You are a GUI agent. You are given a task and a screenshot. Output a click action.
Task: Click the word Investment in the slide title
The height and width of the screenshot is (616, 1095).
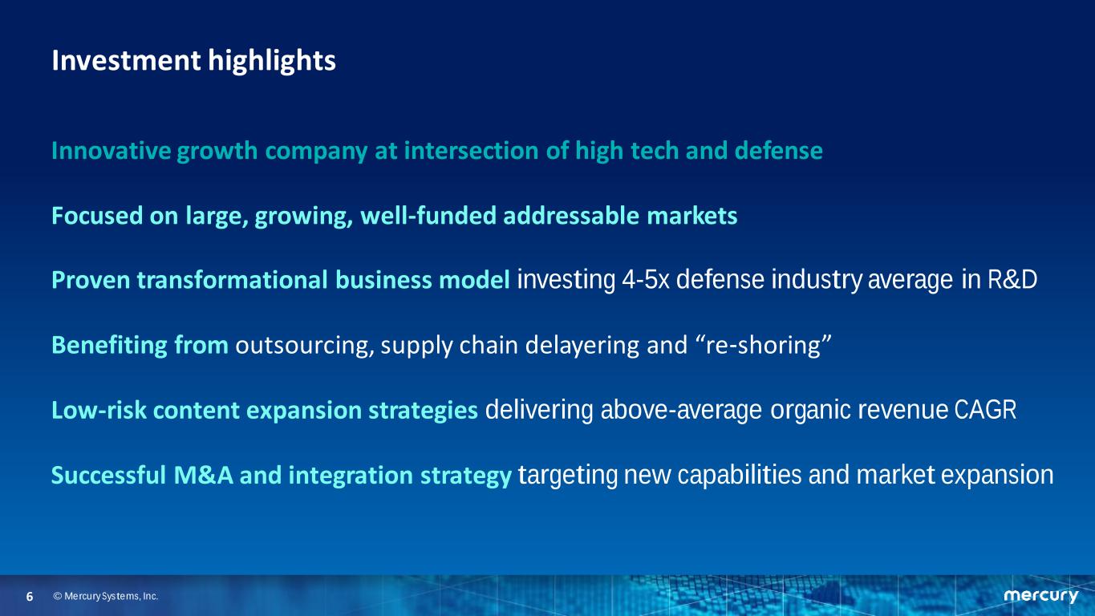tap(126, 60)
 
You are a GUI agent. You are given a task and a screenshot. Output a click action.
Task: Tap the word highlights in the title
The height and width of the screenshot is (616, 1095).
tap(272, 62)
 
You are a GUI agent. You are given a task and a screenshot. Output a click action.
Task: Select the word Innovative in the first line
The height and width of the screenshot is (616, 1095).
tap(111, 150)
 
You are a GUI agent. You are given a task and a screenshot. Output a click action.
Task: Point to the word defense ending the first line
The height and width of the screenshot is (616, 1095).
tap(779, 150)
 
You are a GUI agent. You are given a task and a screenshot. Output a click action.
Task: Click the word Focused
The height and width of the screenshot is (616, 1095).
tap(97, 216)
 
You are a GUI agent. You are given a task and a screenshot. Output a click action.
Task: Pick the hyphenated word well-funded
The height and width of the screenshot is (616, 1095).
tap(428, 216)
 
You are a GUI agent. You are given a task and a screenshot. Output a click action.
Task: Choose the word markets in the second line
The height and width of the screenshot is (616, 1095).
tap(692, 216)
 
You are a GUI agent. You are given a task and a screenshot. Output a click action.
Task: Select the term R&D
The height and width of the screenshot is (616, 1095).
tap(1012, 280)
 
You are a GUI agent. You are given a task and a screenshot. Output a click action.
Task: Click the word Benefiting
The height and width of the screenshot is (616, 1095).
tap(109, 346)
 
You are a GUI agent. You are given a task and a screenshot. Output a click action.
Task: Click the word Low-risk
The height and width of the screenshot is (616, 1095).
tap(99, 410)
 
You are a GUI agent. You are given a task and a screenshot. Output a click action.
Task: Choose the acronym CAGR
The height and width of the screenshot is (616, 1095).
tap(985, 410)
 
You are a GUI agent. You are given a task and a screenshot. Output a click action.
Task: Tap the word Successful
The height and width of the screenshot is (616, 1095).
tap(108, 475)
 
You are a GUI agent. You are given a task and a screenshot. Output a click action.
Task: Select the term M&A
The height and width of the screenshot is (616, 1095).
tap(204, 475)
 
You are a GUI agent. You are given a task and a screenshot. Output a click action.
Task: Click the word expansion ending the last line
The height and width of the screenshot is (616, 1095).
tap(997, 476)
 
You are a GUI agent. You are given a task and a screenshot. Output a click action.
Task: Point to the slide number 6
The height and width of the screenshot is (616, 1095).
tap(30, 597)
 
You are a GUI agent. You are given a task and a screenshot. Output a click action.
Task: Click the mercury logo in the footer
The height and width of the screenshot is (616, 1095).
tap(1040, 596)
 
